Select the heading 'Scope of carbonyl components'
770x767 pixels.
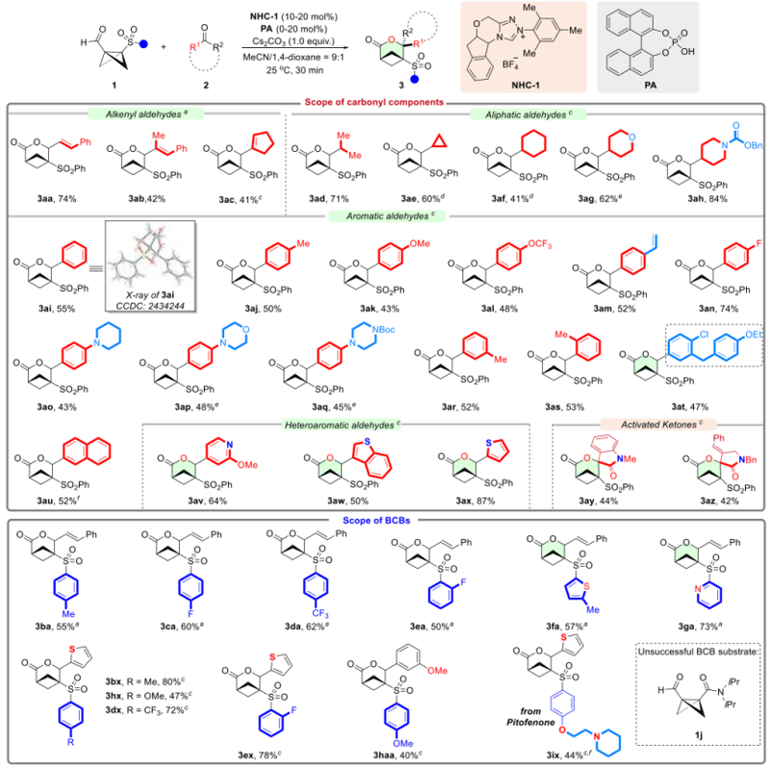[x=384, y=102]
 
